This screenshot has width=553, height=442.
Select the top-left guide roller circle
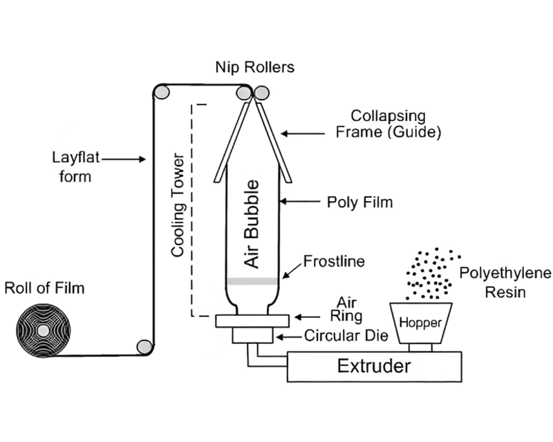pyautogui.click(x=161, y=92)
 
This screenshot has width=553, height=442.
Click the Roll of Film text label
pyautogui.click(x=45, y=288)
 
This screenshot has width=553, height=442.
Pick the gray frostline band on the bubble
pyautogui.click(x=253, y=281)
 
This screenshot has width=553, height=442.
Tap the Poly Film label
pyautogui.click(x=359, y=202)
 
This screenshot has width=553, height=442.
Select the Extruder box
pyautogui.click(x=374, y=365)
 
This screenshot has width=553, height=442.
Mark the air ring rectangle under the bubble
pyautogui.click(x=252, y=320)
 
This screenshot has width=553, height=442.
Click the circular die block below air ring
pyautogui.click(x=252, y=336)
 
